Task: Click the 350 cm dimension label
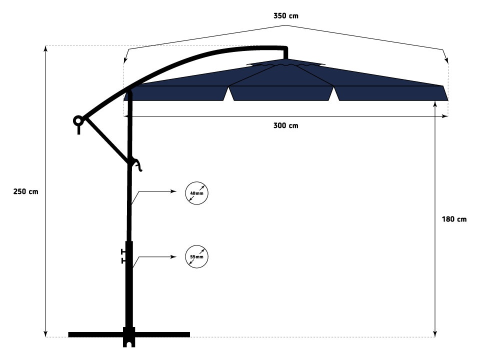tap(285, 16)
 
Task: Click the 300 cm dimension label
tap(285, 125)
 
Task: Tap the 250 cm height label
tap(25, 191)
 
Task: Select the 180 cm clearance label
tap(454, 219)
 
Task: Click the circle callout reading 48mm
tap(196, 183)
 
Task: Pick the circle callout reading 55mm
tap(196, 246)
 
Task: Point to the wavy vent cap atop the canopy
tap(285, 64)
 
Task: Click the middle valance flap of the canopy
tap(281, 93)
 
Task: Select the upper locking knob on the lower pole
tap(123, 251)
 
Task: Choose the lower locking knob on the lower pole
tap(123, 260)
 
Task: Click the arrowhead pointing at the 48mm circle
tap(174, 191)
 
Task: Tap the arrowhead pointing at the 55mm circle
tap(174, 257)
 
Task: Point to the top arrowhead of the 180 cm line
tap(435, 104)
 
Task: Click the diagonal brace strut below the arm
tap(106, 141)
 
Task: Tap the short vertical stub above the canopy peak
tap(285, 53)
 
